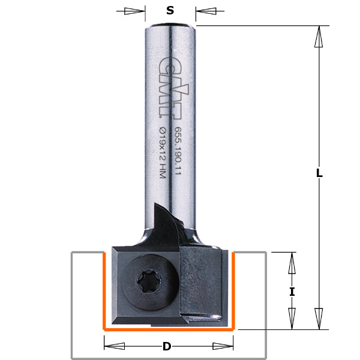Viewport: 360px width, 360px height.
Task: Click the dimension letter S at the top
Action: pyautogui.click(x=170, y=10)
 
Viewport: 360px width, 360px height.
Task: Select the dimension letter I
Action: pyautogui.click(x=292, y=292)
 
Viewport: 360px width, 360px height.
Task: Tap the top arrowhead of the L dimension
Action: pyautogui.click(x=319, y=37)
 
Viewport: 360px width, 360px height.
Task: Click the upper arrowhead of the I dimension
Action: pyautogui.click(x=292, y=262)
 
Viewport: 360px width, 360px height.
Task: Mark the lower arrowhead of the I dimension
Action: pyautogui.click(x=292, y=319)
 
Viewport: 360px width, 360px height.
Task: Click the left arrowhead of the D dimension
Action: pyautogui.click(x=115, y=346)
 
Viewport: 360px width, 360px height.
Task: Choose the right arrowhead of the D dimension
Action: pyautogui.click(x=223, y=346)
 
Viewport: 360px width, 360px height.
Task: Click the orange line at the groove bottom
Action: pyautogui.click(x=169, y=329)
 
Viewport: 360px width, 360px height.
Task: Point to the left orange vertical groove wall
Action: pyautogui.click(x=105, y=291)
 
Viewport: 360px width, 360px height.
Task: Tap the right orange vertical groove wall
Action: pyautogui.click(x=233, y=291)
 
